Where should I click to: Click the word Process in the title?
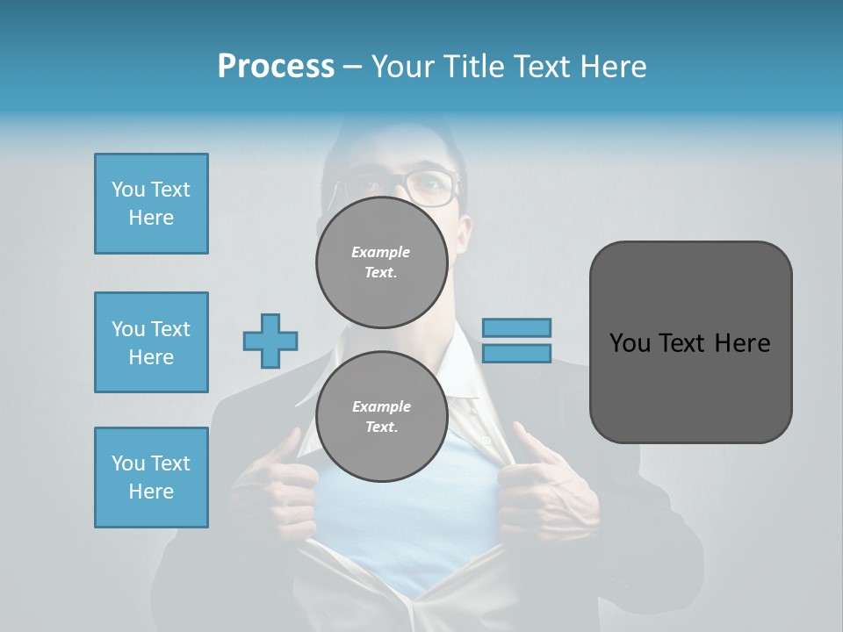pyautogui.click(x=276, y=67)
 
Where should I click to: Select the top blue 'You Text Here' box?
pyautogui.click(x=151, y=204)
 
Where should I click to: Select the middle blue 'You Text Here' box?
pyautogui.click(x=151, y=342)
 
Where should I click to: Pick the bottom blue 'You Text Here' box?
pyautogui.click(x=151, y=478)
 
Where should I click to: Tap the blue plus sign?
pyautogui.click(x=270, y=341)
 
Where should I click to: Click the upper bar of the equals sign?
pyautogui.click(x=516, y=327)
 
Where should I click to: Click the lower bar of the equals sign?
pyautogui.click(x=516, y=353)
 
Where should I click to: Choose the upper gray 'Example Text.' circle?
pyautogui.click(x=382, y=262)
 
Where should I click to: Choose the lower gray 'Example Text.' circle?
pyautogui.click(x=382, y=417)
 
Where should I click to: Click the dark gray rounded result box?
pyautogui.click(x=690, y=342)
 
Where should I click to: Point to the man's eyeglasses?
pyautogui.click(x=421, y=185)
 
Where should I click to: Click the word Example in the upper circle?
pyautogui.click(x=381, y=253)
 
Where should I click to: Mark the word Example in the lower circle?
pyautogui.click(x=381, y=407)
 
